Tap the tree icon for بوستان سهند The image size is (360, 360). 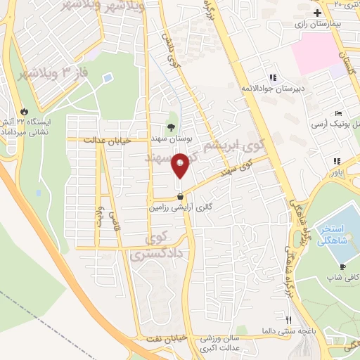tap(172, 127)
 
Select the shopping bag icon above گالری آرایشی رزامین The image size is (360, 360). tap(181, 197)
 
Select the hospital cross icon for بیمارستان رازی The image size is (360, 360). tap(318, 13)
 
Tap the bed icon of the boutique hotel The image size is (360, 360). tap(339, 114)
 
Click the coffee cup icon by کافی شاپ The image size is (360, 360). tap(342, 267)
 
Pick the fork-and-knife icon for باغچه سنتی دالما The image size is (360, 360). tap(287, 319)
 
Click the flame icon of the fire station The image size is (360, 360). tap(25, 111)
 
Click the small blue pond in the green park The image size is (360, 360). tap(107, 77)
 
